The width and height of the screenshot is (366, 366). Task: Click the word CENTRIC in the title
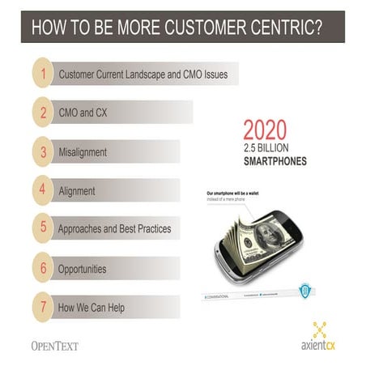click(x=279, y=26)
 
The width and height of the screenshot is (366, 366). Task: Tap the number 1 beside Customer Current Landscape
click(x=42, y=74)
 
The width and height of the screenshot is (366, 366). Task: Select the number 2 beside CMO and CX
click(x=42, y=113)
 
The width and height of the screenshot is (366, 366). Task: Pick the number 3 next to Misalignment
click(x=42, y=151)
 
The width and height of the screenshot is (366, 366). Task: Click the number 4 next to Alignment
click(x=42, y=190)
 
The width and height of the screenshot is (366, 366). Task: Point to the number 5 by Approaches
click(x=42, y=228)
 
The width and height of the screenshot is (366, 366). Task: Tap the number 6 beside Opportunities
click(x=42, y=268)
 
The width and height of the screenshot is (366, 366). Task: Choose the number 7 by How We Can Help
click(x=42, y=307)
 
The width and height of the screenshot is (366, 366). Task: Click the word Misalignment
click(x=83, y=152)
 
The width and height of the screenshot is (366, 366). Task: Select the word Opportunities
click(x=82, y=268)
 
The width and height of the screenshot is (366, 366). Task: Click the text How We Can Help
click(x=91, y=307)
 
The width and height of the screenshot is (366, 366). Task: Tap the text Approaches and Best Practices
click(x=114, y=229)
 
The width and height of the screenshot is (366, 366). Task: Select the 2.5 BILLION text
click(x=270, y=147)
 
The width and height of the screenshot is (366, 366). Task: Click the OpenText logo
click(x=54, y=345)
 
